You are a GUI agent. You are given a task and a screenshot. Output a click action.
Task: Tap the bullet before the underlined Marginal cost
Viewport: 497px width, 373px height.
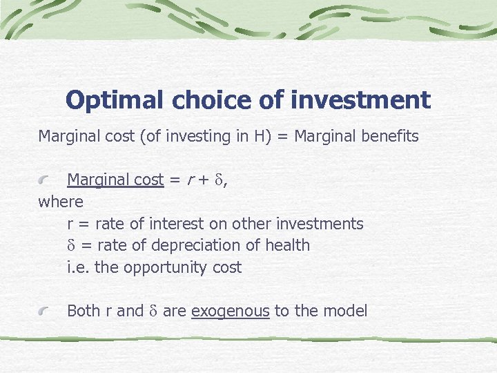click(x=45, y=180)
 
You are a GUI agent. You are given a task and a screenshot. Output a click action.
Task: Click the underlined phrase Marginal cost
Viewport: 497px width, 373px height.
click(x=115, y=180)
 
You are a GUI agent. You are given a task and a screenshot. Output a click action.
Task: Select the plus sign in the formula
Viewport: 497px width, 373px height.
click(x=204, y=180)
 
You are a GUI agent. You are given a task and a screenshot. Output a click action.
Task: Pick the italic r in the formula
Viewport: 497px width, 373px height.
click(x=190, y=180)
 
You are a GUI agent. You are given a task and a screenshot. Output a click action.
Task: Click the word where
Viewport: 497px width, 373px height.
click(x=60, y=202)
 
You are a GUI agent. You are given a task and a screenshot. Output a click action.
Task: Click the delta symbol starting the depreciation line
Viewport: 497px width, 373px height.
click(x=71, y=245)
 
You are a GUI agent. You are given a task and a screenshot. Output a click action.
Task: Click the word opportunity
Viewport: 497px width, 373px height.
click(x=164, y=267)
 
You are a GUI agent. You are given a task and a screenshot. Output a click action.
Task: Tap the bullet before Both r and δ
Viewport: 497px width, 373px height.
click(x=45, y=312)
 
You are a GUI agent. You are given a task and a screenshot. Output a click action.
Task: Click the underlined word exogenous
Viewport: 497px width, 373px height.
click(x=230, y=312)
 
